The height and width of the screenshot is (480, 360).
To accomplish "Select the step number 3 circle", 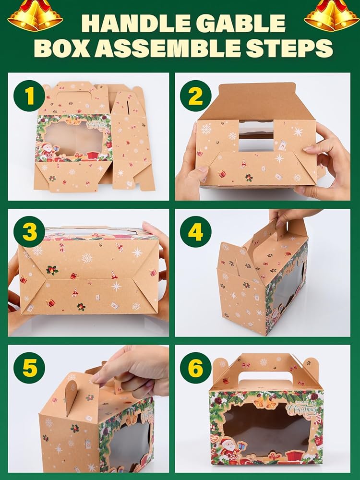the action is (29, 231).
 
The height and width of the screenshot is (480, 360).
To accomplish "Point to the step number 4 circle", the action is (196, 231).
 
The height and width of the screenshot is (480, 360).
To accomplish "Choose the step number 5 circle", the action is (29, 368).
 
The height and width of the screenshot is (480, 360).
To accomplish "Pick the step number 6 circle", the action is (196, 368).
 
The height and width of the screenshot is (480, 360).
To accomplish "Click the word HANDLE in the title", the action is (132, 23).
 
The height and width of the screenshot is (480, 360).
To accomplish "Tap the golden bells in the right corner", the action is (332, 15).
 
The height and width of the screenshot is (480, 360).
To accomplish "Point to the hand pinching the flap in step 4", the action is (288, 218).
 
